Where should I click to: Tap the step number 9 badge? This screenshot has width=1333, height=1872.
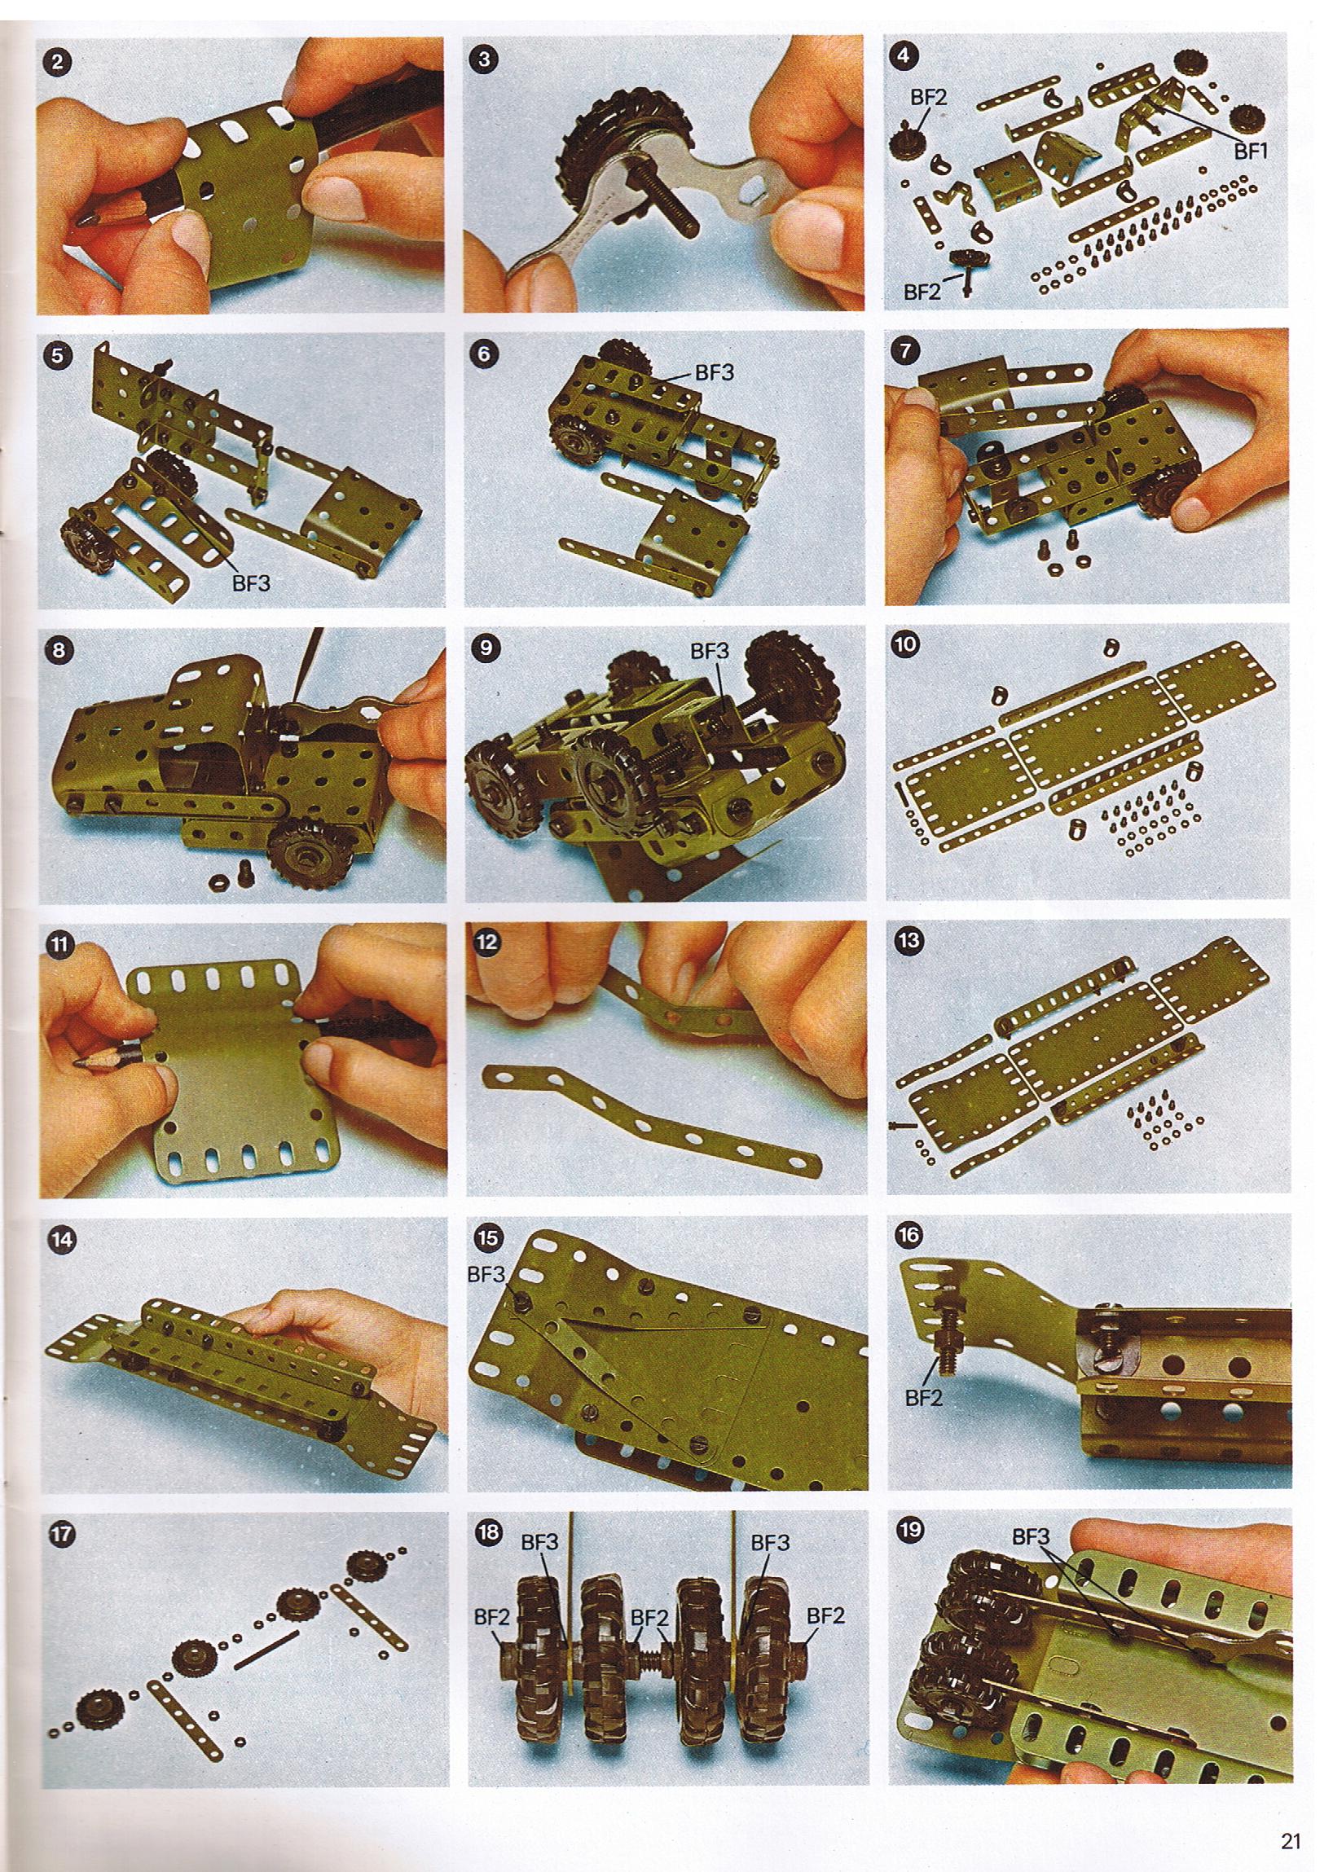coord(486,648)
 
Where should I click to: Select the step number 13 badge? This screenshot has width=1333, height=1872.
coord(908,942)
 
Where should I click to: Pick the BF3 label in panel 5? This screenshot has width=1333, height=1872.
coord(251,583)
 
